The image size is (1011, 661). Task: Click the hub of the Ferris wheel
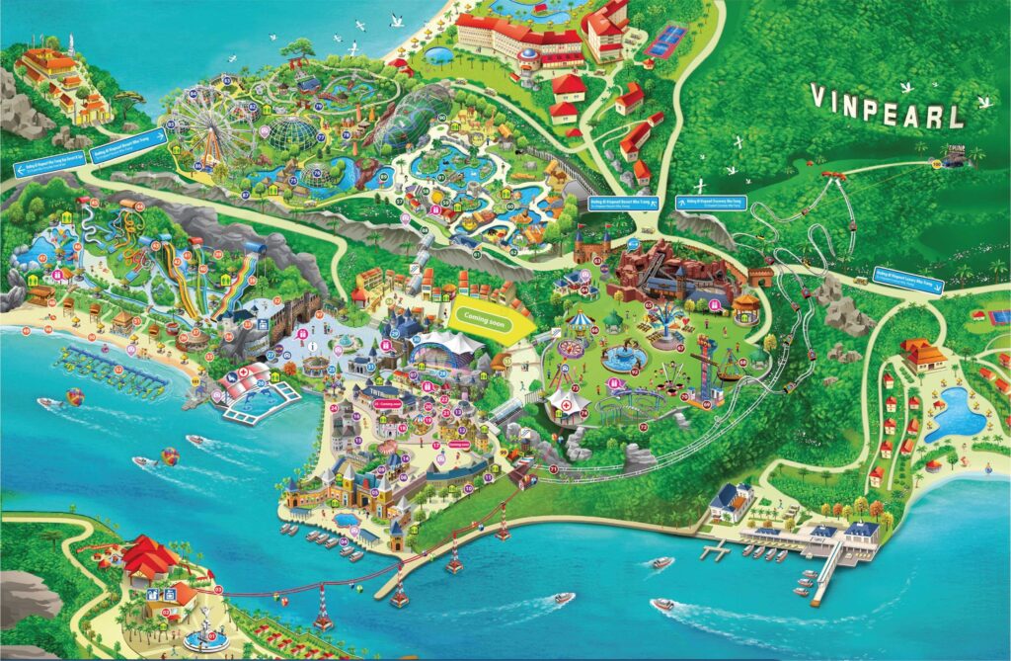point(207,129)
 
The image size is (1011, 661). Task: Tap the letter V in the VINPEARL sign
point(819,96)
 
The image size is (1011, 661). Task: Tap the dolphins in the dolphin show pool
point(260,398)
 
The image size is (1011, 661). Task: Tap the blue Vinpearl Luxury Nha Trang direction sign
point(909,280)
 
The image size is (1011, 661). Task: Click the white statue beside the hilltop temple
point(70,44)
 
